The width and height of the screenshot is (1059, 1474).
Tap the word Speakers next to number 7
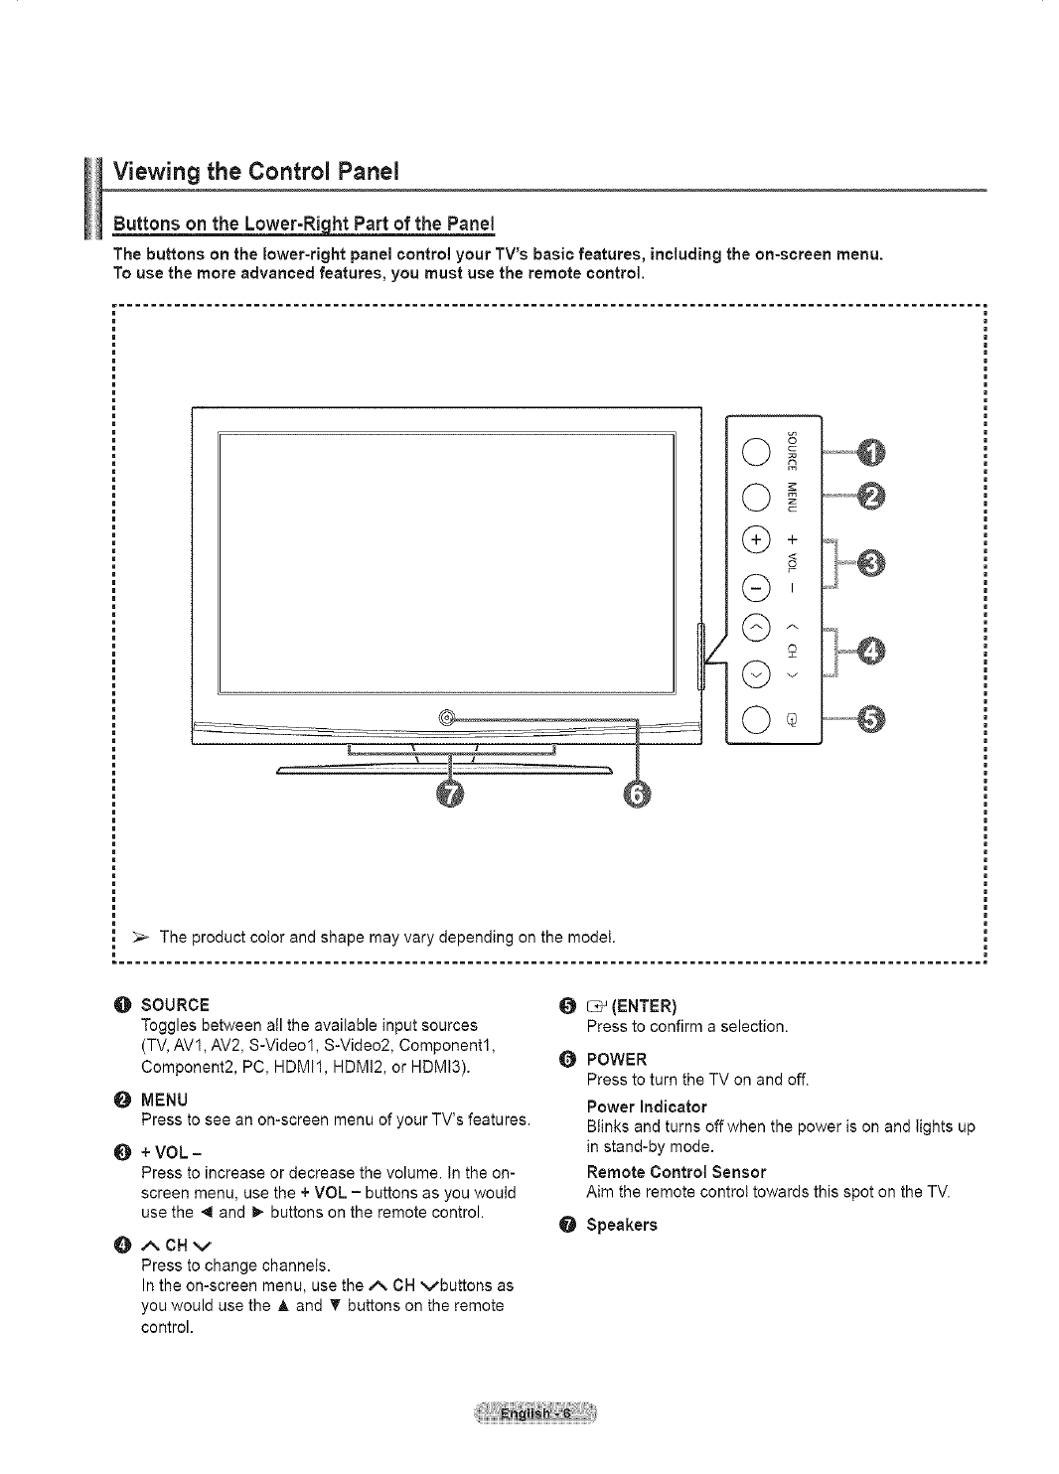[621, 1225]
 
